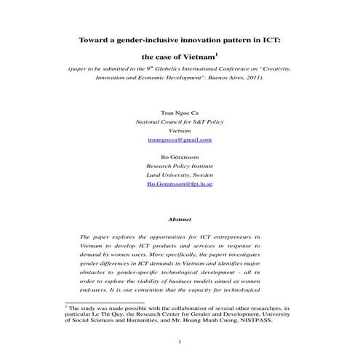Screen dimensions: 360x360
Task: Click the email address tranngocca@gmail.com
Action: coord(179,140)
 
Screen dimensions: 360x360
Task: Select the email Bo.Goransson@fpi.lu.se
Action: coord(179,185)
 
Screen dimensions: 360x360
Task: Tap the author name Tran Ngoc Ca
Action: coord(179,113)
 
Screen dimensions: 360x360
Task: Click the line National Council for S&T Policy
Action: coord(179,122)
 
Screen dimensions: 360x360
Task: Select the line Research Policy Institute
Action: coord(179,166)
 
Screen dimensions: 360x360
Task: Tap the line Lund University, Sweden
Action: coord(179,175)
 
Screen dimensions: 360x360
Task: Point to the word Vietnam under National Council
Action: coord(179,131)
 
